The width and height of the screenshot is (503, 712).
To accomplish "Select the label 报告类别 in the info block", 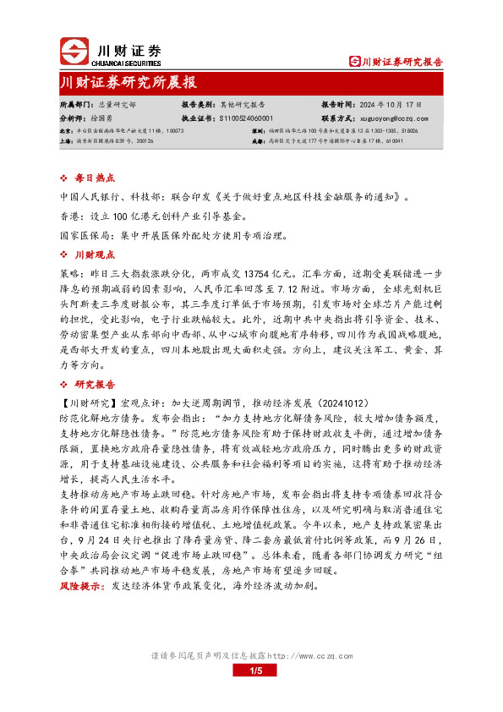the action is click(198, 103).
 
